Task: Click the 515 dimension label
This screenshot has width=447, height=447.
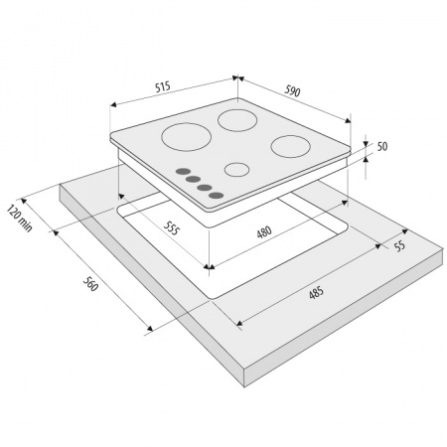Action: pos(163,86)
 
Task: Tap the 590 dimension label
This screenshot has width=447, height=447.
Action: pos(292,90)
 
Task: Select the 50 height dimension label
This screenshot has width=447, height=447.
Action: pos(382,146)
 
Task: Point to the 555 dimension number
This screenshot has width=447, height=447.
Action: pos(172,227)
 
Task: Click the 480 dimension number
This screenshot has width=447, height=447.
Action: pos(264,231)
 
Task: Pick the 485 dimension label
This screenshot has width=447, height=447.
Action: pos(316,292)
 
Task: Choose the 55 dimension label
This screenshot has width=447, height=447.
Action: pos(399,245)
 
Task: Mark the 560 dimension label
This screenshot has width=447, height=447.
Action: pos(90,284)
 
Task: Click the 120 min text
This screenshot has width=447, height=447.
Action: pos(20,219)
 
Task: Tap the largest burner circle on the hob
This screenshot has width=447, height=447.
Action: pos(187,137)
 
